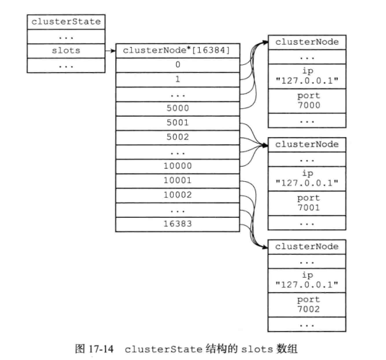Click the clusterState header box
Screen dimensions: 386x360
click(66, 22)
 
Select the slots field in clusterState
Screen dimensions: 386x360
click(66, 51)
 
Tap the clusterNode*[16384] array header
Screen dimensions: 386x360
click(177, 51)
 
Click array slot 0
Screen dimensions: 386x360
click(177, 65)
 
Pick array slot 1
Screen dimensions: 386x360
click(177, 80)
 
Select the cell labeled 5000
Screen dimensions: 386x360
click(177, 109)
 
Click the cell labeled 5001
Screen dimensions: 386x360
click(177, 123)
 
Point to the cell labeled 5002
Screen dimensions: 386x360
click(177, 138)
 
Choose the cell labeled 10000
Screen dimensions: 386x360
click(177, 167)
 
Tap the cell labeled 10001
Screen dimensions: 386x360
click(177, 181)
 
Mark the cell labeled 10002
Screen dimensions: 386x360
click(177, 196)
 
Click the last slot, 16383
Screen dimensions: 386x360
click(177, 224)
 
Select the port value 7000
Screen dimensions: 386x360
click(309, 105)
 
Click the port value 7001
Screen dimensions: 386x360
click(309, 208)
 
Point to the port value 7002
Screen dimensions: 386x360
click(309, 309)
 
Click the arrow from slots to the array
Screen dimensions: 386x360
click(110, 51)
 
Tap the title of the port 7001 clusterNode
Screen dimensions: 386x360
click(307, 144)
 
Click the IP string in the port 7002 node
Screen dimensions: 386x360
click(307, 285)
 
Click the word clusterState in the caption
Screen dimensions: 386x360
click(164, 350)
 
